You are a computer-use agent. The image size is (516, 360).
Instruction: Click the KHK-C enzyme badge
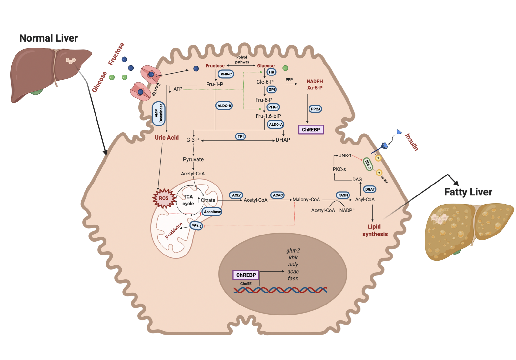[x=226, y=74]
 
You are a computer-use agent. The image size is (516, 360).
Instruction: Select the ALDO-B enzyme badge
[x=224, y=106]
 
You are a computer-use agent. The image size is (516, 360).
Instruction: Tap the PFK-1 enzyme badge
[x=273, y=107]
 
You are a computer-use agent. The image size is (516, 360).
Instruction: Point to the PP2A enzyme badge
[x=315, y=109]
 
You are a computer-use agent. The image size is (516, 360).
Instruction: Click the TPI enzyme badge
[x=240, y=137]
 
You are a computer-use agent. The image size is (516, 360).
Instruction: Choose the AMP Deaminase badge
[x=158, y=113]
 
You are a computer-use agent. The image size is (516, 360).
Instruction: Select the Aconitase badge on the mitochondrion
[x=212, y=212]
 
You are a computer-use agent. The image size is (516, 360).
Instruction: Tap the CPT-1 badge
[x=196, y=226]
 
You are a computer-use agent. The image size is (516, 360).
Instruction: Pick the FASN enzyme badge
[x=343, y=195]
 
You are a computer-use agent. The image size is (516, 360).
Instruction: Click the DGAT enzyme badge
[x=370, y=189]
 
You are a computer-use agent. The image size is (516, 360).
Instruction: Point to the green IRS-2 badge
[x=368, y=164]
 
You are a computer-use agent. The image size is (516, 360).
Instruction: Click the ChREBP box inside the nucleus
[x=246, y=275]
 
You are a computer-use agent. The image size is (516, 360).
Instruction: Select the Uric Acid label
[x=167, y=138]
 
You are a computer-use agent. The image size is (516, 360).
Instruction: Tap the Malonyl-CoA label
[x=306, y=200]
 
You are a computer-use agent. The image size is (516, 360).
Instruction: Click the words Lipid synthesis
[x=375, y=230]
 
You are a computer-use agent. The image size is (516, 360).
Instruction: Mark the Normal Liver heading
[x=48, y=38]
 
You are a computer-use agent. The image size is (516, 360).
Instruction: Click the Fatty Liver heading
[x=468, y=192]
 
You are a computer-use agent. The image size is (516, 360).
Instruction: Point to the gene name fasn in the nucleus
[x=293, y=278]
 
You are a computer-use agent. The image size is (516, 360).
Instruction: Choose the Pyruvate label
[x=193, y=159]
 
